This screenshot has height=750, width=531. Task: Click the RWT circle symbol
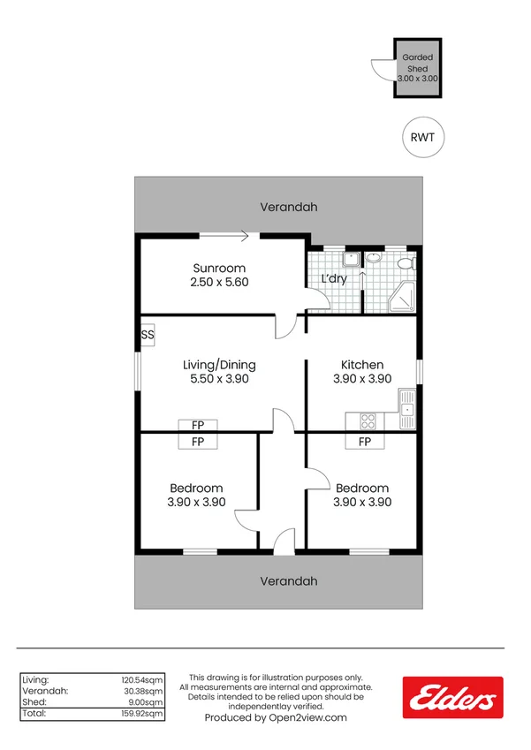(423, 137)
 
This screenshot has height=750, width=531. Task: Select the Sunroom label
(219, 269)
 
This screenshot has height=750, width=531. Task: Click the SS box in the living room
(148, 335)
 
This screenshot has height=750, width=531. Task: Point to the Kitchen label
(362, 364)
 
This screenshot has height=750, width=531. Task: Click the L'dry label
(333, 279)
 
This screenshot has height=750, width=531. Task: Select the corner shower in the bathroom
(399, 298)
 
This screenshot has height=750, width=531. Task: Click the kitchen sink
(406, 409)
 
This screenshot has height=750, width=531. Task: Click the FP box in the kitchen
(364, 442)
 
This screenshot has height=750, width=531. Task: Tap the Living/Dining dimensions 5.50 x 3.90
(219, 379)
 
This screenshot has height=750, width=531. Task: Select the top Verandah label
(288, 208)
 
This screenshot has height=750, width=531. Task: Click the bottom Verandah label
(288, 581)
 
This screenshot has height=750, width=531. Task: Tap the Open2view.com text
(309, 718)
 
